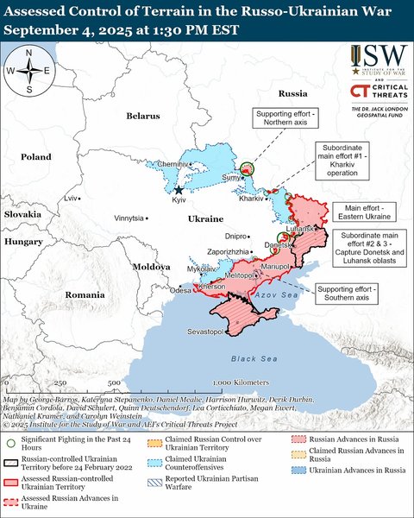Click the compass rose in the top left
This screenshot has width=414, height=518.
coord(29,71)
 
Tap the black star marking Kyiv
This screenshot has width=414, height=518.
coord(179,190)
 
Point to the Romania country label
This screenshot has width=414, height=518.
coord(85,294)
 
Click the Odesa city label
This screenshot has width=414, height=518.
coord(180,291)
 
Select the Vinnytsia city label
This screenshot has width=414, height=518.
coord(129,218)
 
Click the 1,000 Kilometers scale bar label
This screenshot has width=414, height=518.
coord(232,381)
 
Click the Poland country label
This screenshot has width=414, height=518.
coord(37,158)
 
